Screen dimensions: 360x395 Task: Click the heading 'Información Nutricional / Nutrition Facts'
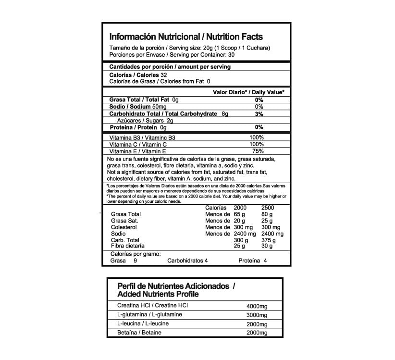(x=186, y=37)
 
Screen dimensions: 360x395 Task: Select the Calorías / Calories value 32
(x=163, y=75)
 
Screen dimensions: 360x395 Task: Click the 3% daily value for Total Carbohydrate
(x=259, y=114)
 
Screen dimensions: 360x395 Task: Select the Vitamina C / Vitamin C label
(x=138, y=144)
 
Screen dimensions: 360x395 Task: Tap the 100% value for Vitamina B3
(x=257, y=137)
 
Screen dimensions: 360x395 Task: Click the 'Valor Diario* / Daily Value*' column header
(x=248, y=92)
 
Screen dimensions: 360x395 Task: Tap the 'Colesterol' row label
(x=124, y=227)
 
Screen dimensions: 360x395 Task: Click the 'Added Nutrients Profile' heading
(x=158, y=294)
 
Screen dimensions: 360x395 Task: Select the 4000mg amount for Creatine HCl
(x=256, y=306)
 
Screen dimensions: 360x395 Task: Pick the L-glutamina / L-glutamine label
(x=148, y=315)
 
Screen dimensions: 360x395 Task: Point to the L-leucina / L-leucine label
(x=143, y=323)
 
